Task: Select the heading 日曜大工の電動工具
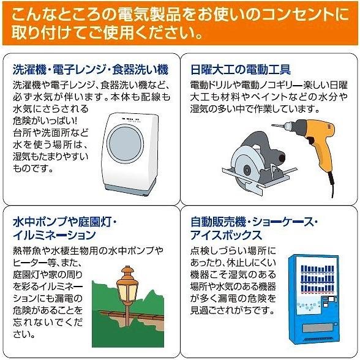241,69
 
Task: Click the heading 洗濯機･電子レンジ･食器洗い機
90,69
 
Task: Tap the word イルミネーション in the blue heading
54,235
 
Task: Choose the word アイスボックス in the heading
224,235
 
